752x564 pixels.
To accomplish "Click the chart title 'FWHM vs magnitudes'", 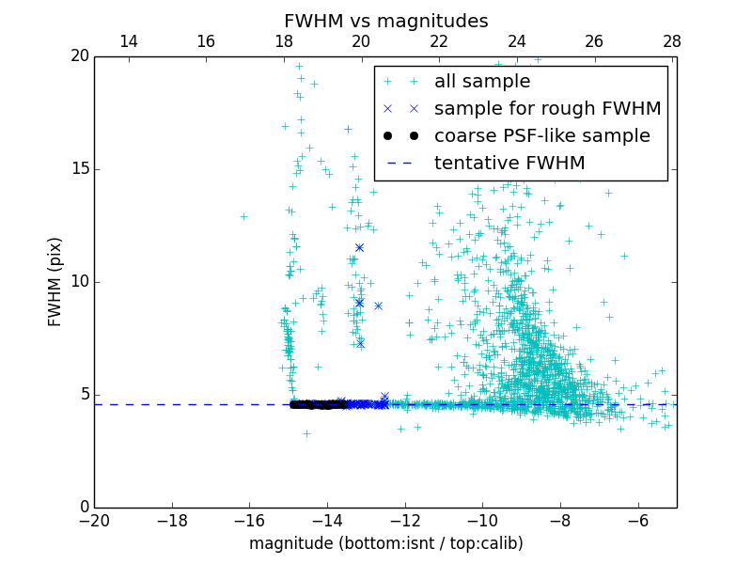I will (385, 21).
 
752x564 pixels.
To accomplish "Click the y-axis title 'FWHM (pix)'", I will (55, 281).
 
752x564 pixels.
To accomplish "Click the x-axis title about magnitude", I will (385, 543).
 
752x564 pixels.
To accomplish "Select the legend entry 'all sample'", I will (482, 82).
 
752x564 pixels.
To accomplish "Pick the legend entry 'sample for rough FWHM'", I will (547, 109).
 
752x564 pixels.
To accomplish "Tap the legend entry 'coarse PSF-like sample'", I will (541, 136).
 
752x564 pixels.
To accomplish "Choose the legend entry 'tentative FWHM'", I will (509, 164).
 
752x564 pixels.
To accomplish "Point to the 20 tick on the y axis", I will (79, 56).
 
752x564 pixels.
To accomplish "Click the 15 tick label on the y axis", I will (79, 169).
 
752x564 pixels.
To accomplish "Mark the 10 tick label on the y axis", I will (79, 282).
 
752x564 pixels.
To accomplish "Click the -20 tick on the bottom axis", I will (94, 520).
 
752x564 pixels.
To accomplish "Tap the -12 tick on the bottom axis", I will (405, 520).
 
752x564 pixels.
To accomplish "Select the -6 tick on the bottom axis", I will (638, 520).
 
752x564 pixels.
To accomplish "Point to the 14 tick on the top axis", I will (129, 41).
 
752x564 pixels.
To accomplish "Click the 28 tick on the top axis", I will (672, 41).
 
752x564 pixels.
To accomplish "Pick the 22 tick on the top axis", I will (439, 41).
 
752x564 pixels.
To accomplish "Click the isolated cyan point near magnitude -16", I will (243, 216).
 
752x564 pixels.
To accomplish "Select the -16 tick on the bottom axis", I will (249, 520).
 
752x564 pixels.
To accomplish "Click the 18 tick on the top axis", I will (284, 41).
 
